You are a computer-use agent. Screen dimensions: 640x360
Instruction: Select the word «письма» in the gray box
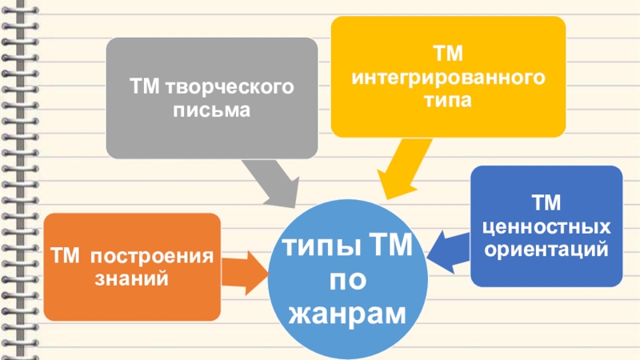pos(211,108)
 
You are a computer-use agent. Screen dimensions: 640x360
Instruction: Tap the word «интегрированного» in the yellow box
pos(449,78)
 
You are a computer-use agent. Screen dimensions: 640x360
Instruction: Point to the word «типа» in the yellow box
pos(449,102)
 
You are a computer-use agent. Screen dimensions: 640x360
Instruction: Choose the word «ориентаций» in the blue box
pos(546,249)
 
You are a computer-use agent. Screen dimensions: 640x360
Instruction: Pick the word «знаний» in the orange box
pos(133,280)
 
